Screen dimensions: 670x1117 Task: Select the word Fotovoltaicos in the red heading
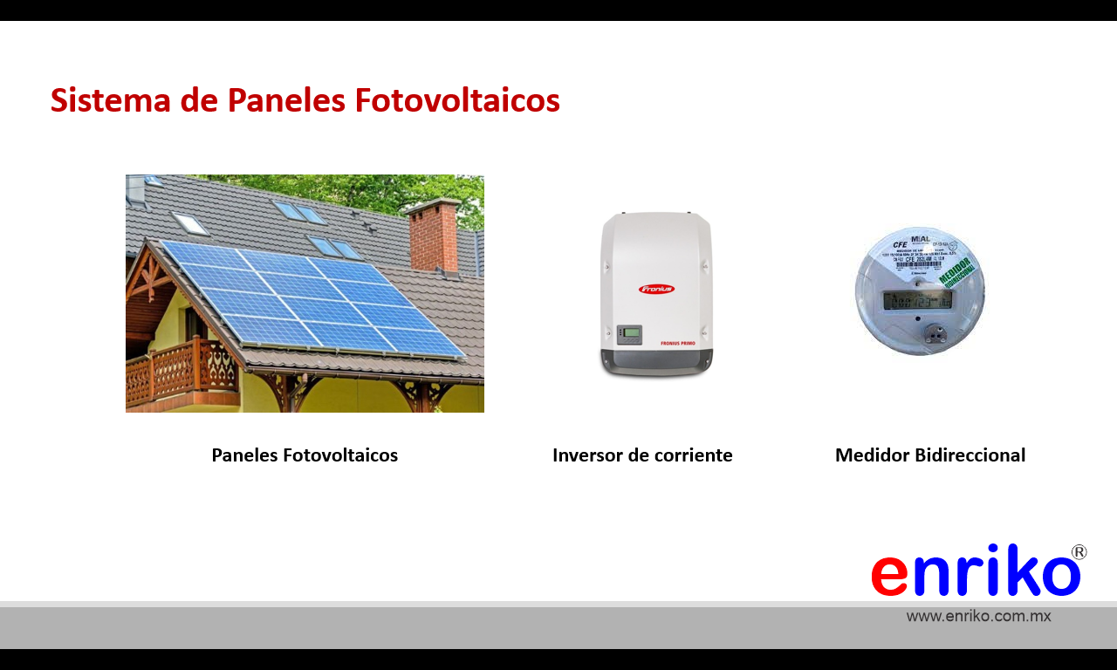457,100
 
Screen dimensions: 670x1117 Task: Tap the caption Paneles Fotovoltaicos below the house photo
305,455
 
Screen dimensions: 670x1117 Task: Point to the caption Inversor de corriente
642,455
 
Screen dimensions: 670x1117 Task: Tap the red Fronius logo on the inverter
656,289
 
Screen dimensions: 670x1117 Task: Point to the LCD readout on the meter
917,300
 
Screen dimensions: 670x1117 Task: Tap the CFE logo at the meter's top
900,245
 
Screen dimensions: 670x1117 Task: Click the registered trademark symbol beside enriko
1079,552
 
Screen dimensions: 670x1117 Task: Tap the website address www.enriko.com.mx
978,616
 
